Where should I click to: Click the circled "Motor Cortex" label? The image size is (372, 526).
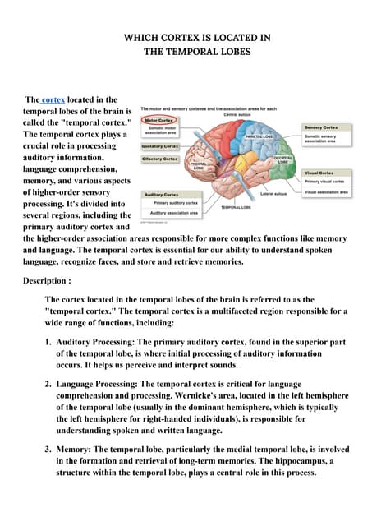[158, 120]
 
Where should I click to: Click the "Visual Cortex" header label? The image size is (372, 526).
[319, 173]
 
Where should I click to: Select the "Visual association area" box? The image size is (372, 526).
[326, 192]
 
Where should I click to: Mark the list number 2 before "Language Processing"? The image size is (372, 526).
[49, 384]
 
